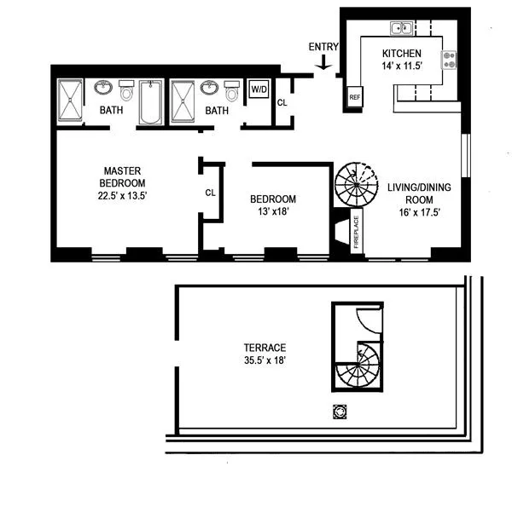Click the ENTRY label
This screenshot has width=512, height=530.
tap(324, 48)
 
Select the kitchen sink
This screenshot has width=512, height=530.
tap(401, 30)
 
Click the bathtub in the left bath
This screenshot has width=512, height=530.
tap(151, 102)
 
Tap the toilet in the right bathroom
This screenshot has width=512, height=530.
tap(230, 90)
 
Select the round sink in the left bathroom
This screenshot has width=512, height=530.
tap(103, 88)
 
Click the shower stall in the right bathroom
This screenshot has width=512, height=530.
tap(183, 102)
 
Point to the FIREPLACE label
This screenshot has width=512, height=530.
tap(357, 230)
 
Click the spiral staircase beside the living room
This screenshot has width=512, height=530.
tap(355, 184)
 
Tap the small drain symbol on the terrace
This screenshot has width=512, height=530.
tap(342, 412)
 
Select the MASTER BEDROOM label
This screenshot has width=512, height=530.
tap(122, 177)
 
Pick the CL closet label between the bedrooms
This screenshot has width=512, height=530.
tap(210, 193)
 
